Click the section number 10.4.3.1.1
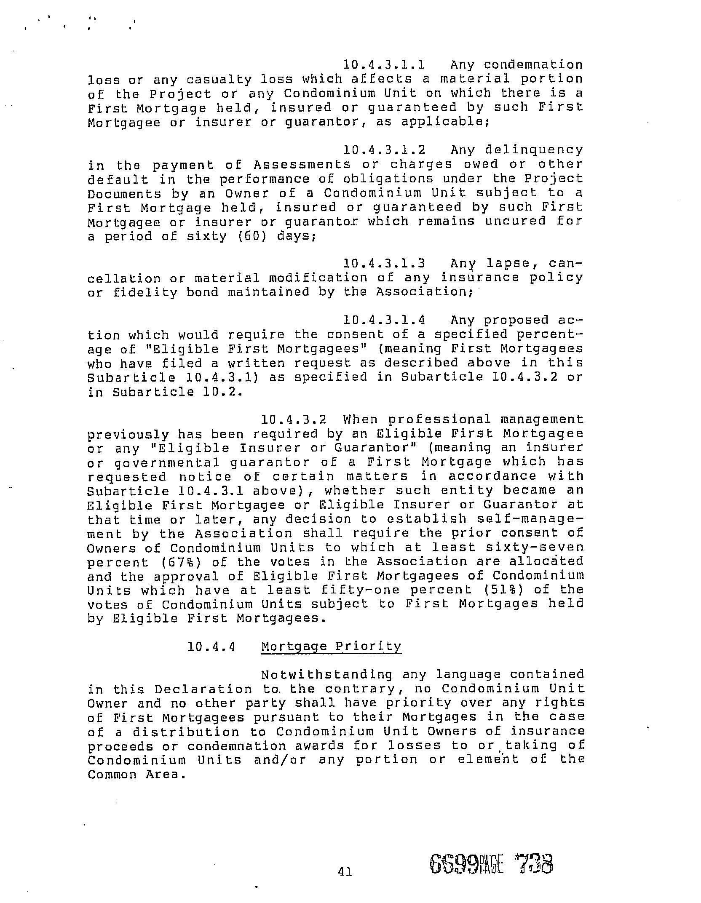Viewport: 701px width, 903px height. click(384, 65)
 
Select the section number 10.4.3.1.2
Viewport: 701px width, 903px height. click(384, 150)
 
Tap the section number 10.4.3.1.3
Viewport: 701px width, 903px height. click(384, 264)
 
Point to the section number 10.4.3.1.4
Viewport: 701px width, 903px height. click(384, 320)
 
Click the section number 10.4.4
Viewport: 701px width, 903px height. click(211, 647)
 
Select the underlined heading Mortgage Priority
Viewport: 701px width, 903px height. click(331, 647)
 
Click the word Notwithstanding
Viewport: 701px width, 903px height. click(326, 675)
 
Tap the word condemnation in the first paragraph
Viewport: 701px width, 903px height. click(533, 65)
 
